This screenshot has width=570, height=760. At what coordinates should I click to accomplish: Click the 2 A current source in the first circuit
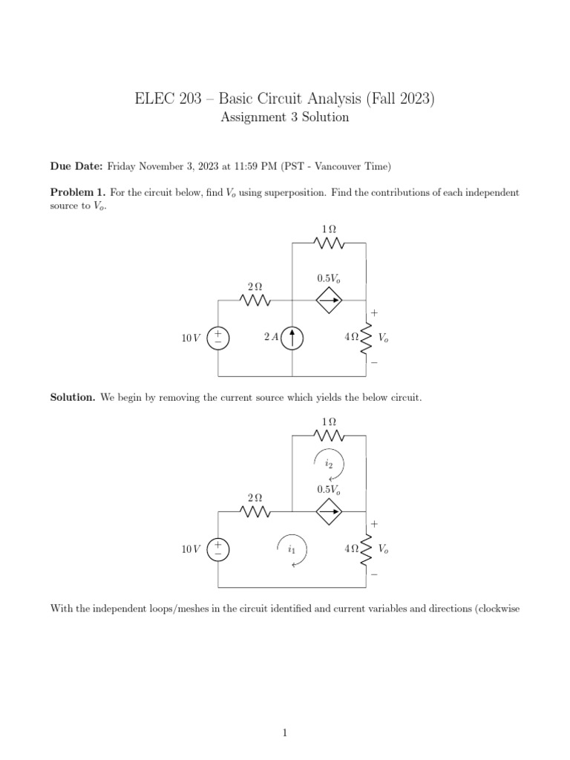point(293,338)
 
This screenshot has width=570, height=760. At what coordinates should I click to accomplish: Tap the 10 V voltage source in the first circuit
point(218,338)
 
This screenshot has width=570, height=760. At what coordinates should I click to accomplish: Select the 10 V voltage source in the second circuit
point(218,549)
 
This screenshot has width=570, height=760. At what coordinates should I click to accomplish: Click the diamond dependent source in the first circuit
point(330,301)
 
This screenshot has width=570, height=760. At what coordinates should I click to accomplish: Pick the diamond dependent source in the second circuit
point(330,511)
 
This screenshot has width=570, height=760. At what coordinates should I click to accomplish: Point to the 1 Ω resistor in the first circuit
point(329,243)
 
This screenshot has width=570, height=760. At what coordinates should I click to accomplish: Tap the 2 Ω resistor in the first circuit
point(255,301)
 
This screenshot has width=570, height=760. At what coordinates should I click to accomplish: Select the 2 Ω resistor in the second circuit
point(255,511)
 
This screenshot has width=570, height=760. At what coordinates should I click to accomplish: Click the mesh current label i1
point(292,550)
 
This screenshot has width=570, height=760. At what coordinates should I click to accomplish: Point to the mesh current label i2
point(329,463)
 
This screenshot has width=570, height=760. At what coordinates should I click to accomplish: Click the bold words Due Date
point(76,166)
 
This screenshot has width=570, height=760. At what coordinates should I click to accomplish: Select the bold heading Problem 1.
point(77,192)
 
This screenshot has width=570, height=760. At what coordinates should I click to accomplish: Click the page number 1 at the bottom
point(285,712)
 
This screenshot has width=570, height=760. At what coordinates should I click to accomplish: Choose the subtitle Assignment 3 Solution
point(285,118)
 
